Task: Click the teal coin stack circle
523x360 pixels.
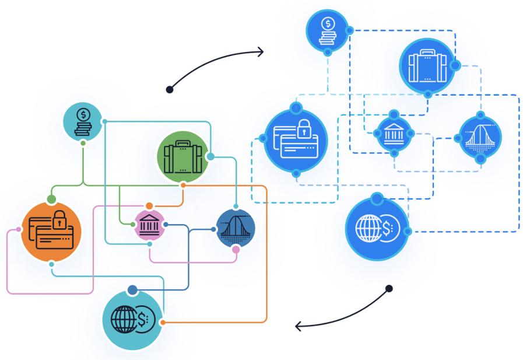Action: click(83, 121)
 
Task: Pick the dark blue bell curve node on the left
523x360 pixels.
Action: click(236, 229)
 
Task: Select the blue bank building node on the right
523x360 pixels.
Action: click(394, 134)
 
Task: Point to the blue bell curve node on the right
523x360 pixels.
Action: click(480, 138)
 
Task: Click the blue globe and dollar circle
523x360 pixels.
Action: click(377, 228)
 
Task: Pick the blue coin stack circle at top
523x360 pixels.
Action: click(328, 31)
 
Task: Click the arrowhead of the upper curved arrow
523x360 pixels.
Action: click(260, 52)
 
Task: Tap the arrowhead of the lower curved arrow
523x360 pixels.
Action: click(299, 326)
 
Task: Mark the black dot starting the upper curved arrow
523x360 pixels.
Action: click(169, 89)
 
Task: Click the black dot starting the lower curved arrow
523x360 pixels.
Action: click(389, 288)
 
